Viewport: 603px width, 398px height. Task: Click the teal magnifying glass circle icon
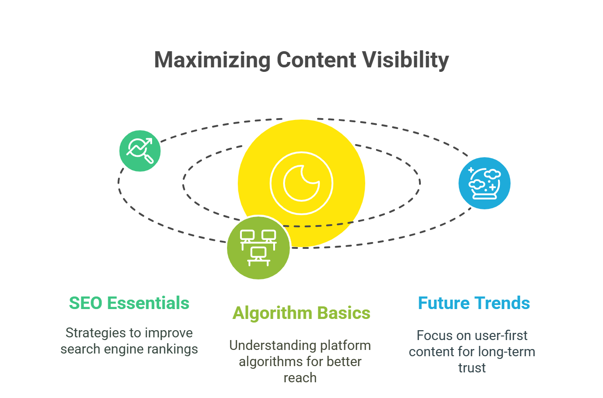[x=140, y=151]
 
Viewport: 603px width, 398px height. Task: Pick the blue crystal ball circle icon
[x=484, y=183]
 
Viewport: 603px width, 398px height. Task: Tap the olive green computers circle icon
[x=258, y=248]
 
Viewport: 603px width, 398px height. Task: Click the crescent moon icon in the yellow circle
[x=301, y=183]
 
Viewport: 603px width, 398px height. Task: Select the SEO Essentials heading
[x=129, y=303]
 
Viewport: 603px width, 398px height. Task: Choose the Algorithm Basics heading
[x=301, y=313]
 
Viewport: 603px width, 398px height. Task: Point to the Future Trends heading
[x=474, y=303]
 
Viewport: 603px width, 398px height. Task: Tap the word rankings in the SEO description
[x=173, y=349]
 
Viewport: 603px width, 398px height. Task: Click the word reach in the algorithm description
[x=300, y=378]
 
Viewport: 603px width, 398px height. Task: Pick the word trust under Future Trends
[x=472, y=368]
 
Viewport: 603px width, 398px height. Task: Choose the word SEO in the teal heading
[x=86, y=303]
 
